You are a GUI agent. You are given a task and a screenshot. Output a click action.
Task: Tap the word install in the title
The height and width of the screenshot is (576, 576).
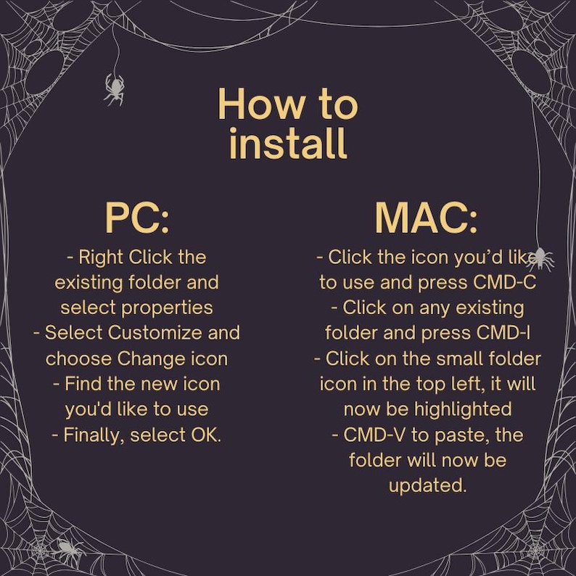288,143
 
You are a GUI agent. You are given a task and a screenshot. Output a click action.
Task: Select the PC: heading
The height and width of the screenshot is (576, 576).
137,218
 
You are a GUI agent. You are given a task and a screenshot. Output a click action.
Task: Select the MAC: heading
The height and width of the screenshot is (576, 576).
426,218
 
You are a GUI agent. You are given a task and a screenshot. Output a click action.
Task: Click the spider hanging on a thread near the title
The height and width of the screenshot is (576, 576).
114,88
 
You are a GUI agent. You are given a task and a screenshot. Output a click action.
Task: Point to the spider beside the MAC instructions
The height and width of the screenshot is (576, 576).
540,258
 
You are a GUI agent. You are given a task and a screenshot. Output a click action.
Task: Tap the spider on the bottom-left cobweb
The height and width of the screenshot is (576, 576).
67,549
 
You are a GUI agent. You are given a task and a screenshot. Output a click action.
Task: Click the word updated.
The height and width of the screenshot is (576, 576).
427,485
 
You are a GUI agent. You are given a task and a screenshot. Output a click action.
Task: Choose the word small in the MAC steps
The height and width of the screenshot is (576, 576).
452,358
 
